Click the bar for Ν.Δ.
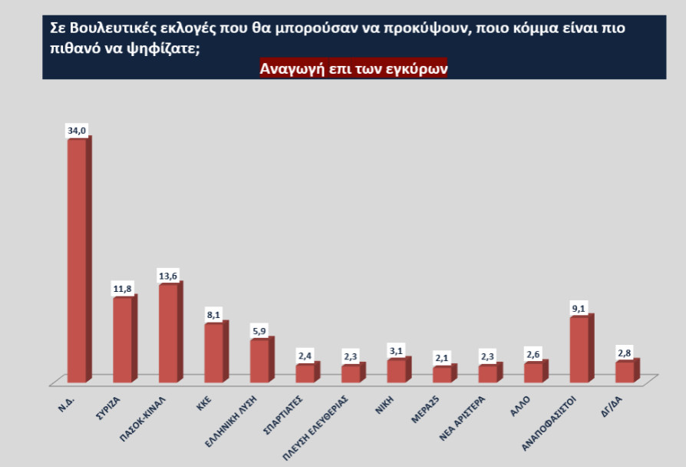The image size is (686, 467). pos(77,261)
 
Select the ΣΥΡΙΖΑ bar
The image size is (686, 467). pos(122,339)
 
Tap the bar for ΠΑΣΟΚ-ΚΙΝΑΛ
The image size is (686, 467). pos(168,333)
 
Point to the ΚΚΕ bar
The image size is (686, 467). pos(213,353)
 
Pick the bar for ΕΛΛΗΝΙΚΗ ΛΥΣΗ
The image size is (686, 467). pos(259,360)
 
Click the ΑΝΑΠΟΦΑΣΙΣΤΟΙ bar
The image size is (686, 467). pos(579,349)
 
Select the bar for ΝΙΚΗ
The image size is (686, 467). pos(396,370)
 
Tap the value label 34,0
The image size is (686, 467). pos(77,131)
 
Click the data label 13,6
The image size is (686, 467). pos(168,275)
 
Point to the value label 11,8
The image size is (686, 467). pos(122,289)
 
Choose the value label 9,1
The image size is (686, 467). pos(579,309)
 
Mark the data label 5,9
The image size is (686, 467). pos(259,331)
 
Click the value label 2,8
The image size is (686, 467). pos(624,353)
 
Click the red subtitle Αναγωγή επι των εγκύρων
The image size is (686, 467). pos(354,68)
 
